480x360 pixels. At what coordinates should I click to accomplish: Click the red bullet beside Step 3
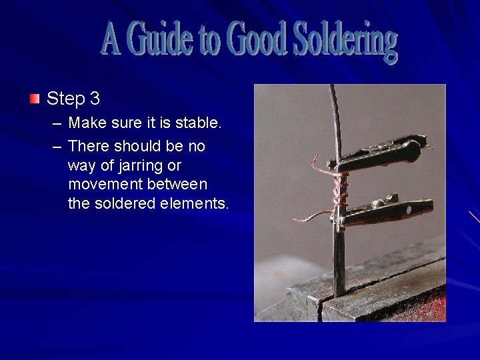(35, 99)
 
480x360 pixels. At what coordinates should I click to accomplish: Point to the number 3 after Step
(95, 99)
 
